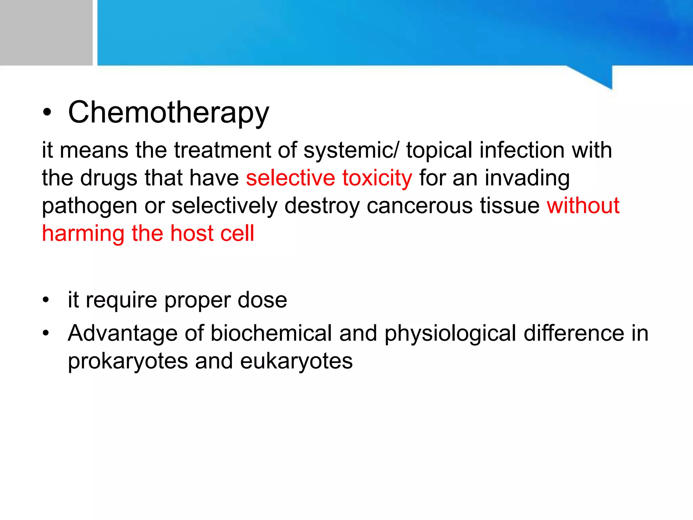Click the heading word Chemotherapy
[x=169, y=113]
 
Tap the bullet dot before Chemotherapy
[x=47, y=113]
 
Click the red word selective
[x=290, y=178]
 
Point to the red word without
[x=583, y=205]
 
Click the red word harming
[x=83, y=234]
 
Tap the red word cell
[x=237, y=234]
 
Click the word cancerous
[x=419, y=205]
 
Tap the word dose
[x=262, y=300]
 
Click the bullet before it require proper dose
[x=46, y=300]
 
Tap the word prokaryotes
[x=128, y=361]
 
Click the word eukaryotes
[x=296, y=361]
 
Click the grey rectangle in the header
[x=46, y=32]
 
